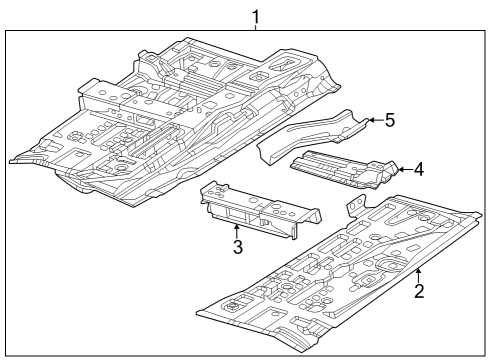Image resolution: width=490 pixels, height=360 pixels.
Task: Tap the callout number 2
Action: click(420, 291)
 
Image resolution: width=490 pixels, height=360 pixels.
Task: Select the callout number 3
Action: click(238, 247)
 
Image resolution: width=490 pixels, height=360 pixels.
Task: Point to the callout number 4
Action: click(419, 170)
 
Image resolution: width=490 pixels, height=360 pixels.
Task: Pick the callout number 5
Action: click(390, 120)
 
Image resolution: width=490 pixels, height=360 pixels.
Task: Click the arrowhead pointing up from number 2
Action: click(419, 271)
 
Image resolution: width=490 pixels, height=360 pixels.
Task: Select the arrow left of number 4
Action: click(402, 170)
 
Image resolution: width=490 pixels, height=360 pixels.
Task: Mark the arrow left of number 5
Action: click(372, 120)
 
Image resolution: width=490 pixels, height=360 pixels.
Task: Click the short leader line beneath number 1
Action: click(256, 29)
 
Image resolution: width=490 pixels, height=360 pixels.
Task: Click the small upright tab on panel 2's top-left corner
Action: click(353, 205)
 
